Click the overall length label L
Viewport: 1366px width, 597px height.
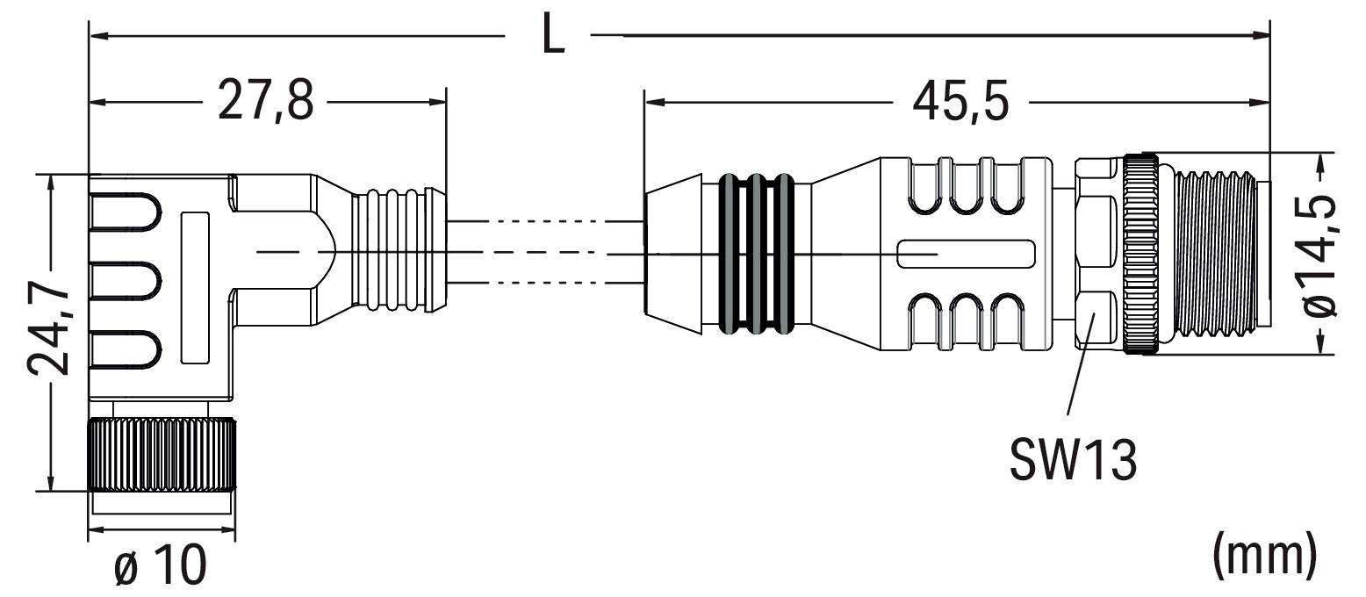pos(552,36)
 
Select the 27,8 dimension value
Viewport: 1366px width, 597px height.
pos(260,102)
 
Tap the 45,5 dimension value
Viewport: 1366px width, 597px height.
pos(960,102)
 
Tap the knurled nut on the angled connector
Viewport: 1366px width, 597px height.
pos(162,456)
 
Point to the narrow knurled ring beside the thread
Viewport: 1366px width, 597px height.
pos(1139,255)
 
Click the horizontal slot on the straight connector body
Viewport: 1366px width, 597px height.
pos(965,255)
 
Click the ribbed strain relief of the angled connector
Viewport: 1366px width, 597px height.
pos(395,250)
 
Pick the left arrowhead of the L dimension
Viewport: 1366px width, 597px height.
pos(98,37)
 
